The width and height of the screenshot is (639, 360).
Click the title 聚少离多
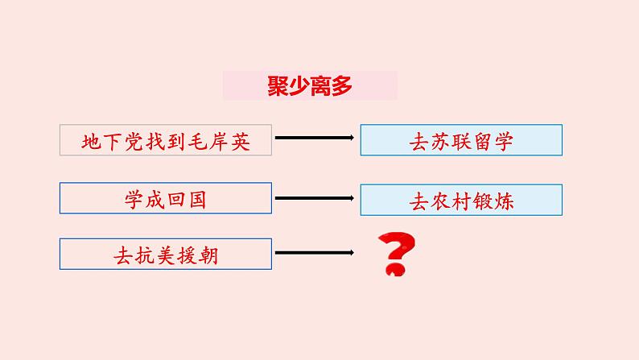(310, 85)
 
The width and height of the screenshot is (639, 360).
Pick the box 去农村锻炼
(461, 201)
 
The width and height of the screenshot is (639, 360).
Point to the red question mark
(394, 254)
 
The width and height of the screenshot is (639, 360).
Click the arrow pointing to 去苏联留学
(316, 139)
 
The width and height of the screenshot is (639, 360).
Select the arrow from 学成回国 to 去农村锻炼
(316, 197)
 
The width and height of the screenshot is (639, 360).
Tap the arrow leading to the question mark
(316, 253)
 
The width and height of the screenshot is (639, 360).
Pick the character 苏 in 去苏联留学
(440, 142)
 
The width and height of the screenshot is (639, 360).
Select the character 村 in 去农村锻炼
(461, 201)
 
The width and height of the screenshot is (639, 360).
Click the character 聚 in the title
(278, 85)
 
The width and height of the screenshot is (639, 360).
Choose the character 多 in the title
(342, 85)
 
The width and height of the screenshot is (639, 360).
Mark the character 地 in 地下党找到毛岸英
(93, 142)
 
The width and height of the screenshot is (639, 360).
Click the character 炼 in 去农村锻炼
(504, 201)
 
